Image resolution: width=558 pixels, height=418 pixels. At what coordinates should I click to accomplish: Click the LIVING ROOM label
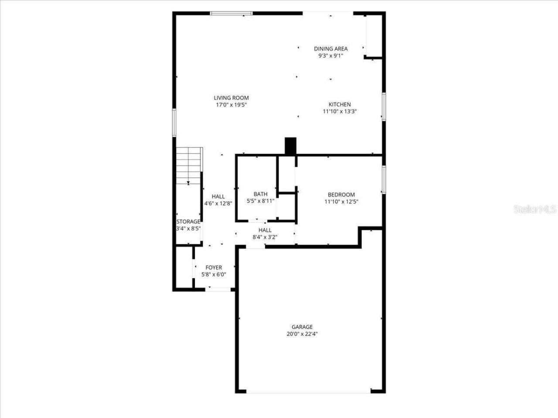pyautogui.click(x=231, y=98)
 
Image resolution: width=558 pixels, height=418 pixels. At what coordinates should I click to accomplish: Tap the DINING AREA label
pyautogui.click(x=331, y=49)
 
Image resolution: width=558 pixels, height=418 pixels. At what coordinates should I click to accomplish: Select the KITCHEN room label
pyautogui.click(x=340, y=104)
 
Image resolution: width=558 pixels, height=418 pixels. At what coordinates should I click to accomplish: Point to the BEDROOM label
pyautogui.click(x=341, y=195)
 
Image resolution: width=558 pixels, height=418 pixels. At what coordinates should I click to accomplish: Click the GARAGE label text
pyautogui.click(x=302, y=327)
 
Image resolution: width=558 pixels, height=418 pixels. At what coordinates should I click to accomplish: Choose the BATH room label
pyautogui.click(x=261, y=194)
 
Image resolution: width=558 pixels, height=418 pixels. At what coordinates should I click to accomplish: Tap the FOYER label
pyautogui.click(x=214, y=267)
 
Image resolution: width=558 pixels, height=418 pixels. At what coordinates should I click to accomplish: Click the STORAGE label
pyautogui.click(x=188, y=222)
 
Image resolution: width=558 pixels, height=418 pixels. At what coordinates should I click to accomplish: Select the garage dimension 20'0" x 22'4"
pyautogui.click(x=302, y=334)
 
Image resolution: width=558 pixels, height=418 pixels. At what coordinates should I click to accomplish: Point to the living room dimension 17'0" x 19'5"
pyautogui.click(x=231, y=105)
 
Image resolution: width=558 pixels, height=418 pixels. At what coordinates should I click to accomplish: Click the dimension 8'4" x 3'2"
pyautogui.click(x=265, y=237)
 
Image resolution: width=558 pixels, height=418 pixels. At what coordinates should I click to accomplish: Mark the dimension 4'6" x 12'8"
pyautogui.click(x=218, y=203)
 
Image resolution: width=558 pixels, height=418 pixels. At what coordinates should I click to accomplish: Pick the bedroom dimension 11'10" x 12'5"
pyautogui.click(x=341, y=202)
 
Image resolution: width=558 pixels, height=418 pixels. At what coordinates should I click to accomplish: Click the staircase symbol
pyautogui.click(x=189, y=165)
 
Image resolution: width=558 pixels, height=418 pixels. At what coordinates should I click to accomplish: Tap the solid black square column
pyautogui.click(x=290, y=145)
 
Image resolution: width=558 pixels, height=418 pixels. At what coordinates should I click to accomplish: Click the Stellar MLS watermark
pyautogui.click(x=535, y=209)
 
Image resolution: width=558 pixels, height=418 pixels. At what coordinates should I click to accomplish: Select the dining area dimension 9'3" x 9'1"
pyautogui.click(x=331, y=56)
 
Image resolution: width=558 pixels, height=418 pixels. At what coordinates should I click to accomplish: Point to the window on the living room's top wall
pyautogui.click(x=231, y=13)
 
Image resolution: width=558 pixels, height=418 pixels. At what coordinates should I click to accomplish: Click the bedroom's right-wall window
pyautogui.click(x=384, y=179)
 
